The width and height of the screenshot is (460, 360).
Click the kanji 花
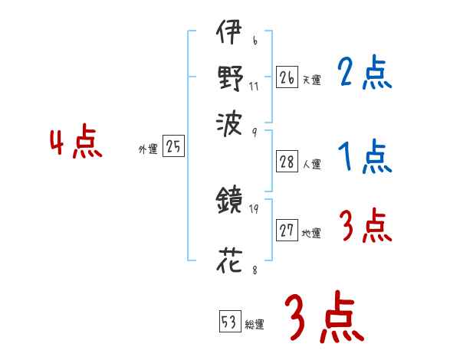230,263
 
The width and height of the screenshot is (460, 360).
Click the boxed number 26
287,77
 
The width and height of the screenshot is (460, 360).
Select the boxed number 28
287,162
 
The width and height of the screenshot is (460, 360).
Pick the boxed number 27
287,231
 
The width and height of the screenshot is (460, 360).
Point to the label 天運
311,79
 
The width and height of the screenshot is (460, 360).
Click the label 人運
311,164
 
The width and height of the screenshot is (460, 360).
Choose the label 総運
255,325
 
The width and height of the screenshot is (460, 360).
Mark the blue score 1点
364,159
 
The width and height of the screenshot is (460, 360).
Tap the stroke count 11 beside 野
255,85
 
